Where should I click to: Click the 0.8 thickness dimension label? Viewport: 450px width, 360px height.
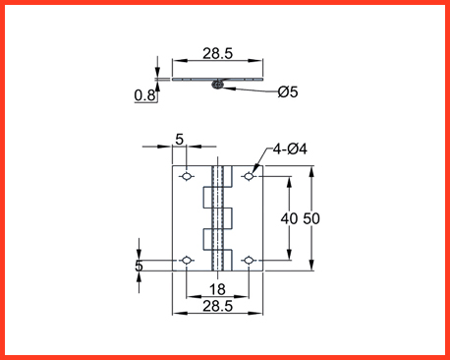tap(144, 95)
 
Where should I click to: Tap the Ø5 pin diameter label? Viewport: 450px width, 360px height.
tap(288, 91)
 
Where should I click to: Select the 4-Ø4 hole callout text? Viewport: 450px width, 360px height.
tap(290, 150)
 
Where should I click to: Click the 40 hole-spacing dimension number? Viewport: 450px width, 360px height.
tap(289, 218)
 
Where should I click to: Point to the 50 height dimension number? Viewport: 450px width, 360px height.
tap(311, 218)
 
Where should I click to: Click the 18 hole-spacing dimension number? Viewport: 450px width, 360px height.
tap(217, 289)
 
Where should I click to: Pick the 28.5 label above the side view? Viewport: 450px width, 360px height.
tap(217, 53)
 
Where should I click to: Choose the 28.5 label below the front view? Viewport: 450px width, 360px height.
tap(217, 306)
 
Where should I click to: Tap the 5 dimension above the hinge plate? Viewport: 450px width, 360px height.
tap(180, 140)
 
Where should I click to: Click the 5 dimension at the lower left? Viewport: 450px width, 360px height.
tap(139, 266)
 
